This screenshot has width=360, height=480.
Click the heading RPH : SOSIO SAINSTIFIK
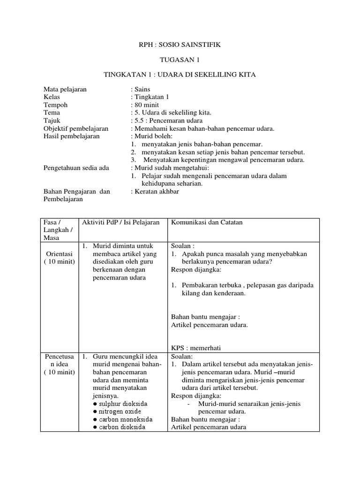point(180,45)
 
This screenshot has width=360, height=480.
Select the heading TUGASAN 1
point(180,60)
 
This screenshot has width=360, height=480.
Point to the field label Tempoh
point(55,105)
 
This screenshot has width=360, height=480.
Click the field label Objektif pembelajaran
point(76,128)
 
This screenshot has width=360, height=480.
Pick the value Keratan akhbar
point(156,191)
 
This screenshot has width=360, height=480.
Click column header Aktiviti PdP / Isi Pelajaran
point(121,222)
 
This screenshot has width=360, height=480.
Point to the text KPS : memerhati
point(196,347)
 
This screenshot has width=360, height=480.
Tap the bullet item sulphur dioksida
point(120,404)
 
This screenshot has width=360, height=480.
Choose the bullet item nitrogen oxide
point(118,412)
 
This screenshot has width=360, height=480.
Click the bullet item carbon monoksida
point(123,420)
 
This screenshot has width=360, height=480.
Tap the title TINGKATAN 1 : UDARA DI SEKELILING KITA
point(180,75)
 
